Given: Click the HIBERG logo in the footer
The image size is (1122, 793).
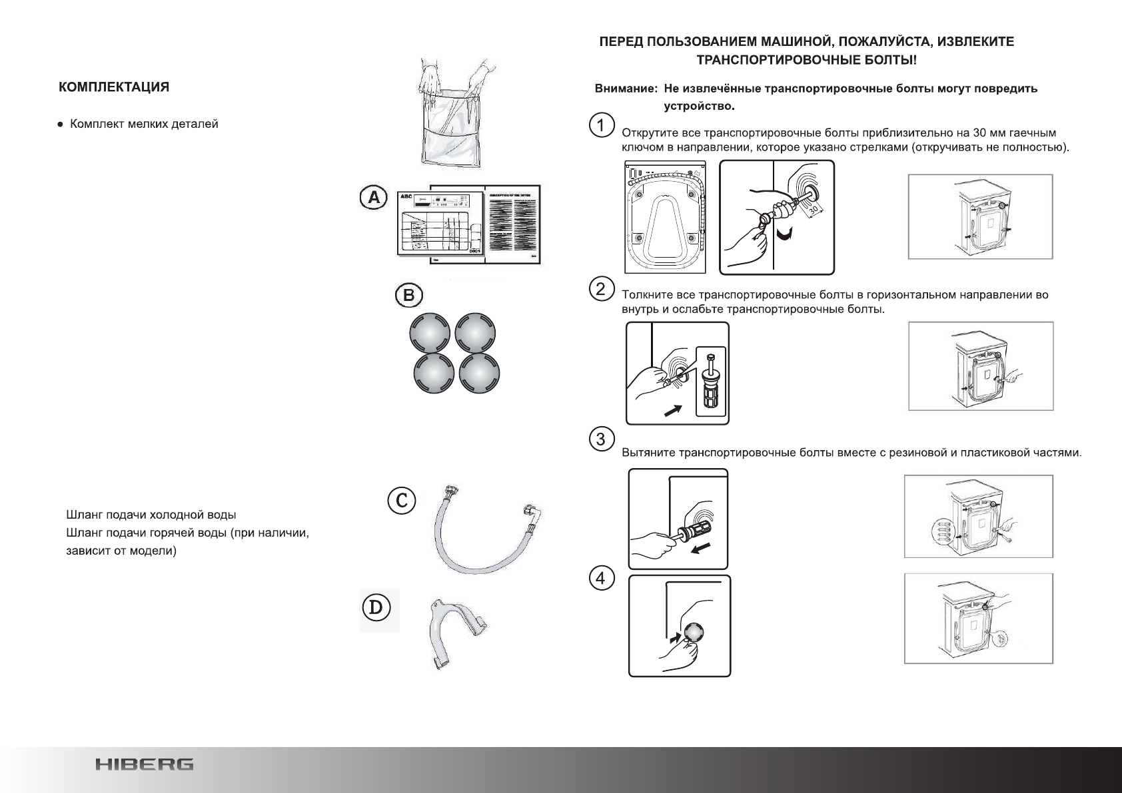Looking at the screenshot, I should coord(144,764).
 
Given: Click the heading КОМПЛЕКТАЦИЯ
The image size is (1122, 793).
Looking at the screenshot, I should coord(113,87).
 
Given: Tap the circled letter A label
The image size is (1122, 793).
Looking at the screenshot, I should coord(373,198).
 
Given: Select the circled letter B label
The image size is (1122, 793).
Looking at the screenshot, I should coord(409,295).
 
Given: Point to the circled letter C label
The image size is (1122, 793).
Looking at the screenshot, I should coord(402,499).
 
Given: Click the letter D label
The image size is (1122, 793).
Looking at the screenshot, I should coord(376,608).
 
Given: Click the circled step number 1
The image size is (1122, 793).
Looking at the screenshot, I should coord(602,125).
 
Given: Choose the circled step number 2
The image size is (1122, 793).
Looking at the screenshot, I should coord(602,288).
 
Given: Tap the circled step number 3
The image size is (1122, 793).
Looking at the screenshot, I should coord(602,439).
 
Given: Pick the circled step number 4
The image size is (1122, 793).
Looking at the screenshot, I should coord(602,579).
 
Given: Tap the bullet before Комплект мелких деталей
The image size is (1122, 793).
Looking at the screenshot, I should coord(61,125).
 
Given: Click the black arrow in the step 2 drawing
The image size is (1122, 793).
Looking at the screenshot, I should coord(674,410).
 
